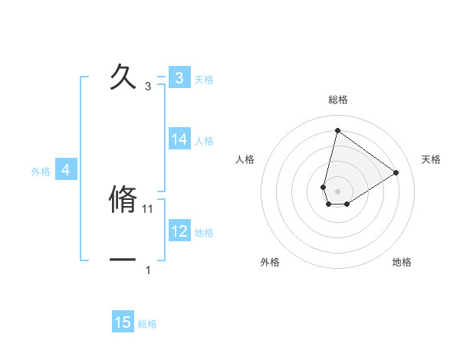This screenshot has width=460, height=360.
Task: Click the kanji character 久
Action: click(123, 77)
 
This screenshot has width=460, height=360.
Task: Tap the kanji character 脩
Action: click(123, 199)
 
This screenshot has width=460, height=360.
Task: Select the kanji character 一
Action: click(123, 260)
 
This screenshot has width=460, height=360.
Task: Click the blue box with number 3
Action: click(179, 77)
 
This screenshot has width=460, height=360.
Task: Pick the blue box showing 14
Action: click(179, 139)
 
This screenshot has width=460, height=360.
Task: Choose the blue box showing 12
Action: click(179, 231)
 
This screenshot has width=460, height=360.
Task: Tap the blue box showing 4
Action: click(66, 171)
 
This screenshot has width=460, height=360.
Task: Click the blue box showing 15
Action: click(123, 322)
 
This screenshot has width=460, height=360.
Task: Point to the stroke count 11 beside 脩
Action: click(149, 208)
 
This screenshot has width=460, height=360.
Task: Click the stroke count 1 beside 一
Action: click(148, 270)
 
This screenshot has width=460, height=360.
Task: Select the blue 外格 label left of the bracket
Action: click(41, 172)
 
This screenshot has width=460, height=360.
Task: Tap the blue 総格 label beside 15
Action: click(147, 324)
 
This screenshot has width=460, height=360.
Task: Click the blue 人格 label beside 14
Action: click(204, 141)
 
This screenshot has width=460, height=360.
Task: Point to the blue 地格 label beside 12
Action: click(204, 233)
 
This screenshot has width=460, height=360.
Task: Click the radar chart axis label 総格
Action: click(338, 100)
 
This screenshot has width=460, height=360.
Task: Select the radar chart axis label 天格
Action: click(431, 159)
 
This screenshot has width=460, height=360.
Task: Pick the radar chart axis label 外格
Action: click(270, 262)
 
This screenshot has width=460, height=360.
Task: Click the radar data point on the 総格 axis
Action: click(337, 130)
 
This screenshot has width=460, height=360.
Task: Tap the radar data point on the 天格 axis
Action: click(396, 172)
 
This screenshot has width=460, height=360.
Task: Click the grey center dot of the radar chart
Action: click(338, 191)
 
